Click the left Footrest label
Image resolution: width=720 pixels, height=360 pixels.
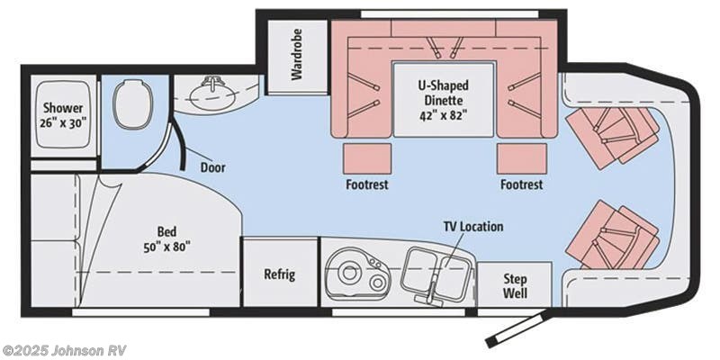click(366, 184)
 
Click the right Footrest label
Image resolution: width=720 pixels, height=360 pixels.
click(521, 184)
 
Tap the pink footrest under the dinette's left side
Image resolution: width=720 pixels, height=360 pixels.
click(367, 157)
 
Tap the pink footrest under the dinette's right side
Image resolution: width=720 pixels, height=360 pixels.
click(521, 157)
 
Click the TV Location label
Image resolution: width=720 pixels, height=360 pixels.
click(472, 227)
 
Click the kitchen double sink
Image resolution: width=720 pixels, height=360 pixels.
click(436, 268)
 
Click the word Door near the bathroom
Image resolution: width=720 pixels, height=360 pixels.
click(212, 167)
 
